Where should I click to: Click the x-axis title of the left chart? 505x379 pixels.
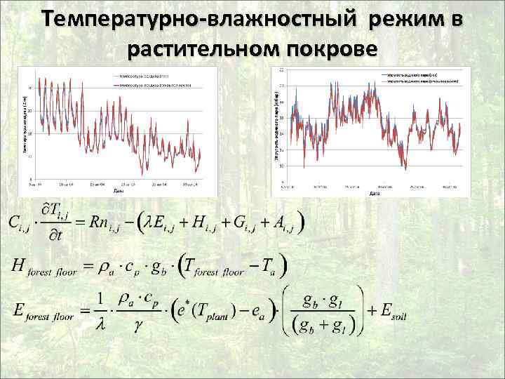[x=118, y=190]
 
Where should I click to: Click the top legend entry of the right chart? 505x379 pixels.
[x=410, y=74]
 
